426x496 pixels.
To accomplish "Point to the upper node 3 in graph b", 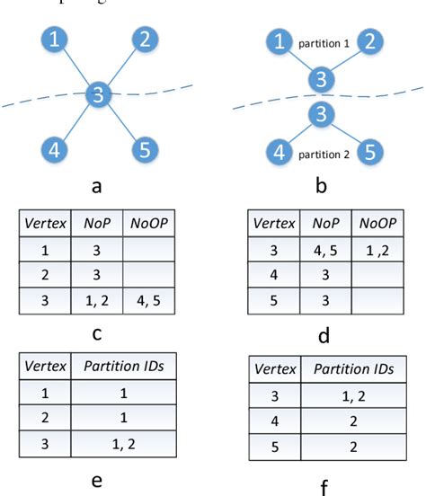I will pos(319,78).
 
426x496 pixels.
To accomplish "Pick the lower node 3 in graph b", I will pos(319,115).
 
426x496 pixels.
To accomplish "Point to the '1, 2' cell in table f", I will pos(355,396).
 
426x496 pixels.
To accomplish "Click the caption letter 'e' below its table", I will pos(96,481).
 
